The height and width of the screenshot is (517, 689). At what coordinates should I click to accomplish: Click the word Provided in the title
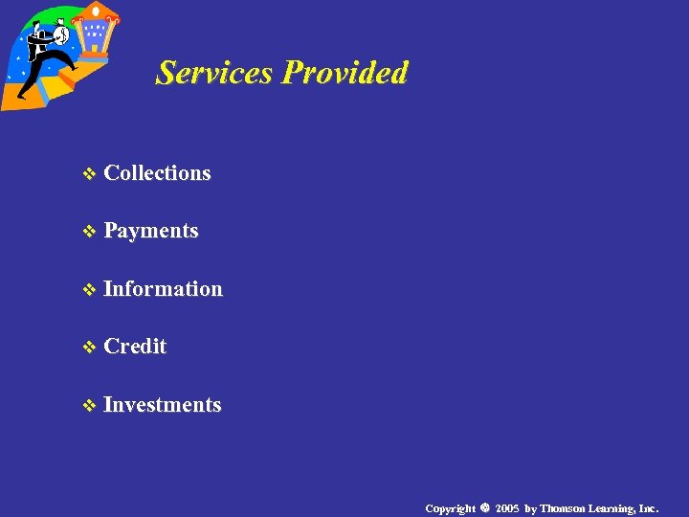click(345, 73)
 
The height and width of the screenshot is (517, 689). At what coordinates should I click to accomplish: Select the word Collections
click(157, 173)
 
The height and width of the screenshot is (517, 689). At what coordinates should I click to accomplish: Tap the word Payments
click(151, 231)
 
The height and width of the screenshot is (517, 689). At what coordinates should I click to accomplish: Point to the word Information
click(163, 289)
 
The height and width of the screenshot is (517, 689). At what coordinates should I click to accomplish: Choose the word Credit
click(135, 347)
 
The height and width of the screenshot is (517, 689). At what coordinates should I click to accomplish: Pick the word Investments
click(163, 405)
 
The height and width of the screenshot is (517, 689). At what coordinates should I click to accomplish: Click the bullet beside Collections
click(90, 174)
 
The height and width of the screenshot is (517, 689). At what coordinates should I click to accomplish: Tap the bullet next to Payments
click(90, 232)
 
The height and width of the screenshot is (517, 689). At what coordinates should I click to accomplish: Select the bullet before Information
click(90, 290)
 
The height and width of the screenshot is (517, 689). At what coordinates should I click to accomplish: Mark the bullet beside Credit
click(90, 348)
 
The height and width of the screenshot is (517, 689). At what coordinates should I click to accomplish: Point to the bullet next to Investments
click(90, 406)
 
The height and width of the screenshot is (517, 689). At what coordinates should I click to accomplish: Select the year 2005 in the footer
click(507, 507)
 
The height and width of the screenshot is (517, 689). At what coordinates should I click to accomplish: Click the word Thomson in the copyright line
click(564, 507)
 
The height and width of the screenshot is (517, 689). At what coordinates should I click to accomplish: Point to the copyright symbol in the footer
click(485, 507)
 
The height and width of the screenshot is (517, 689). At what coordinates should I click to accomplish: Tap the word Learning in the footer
click(613, 507)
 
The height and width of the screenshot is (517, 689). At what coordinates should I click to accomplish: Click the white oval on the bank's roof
click(96, 10)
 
